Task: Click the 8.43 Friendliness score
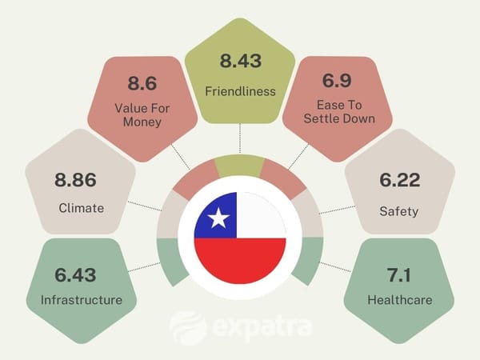click(240, 60)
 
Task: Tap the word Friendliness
click(240, 90)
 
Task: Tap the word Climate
click(81, 208)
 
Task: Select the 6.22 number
click(399, 182)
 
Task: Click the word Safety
click(399, 211)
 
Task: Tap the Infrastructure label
click(80, 300)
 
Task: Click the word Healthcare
click(399, 300)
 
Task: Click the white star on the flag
click(218, 217)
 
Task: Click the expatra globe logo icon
click(188, 326)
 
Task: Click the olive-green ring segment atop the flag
click(240, 165)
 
